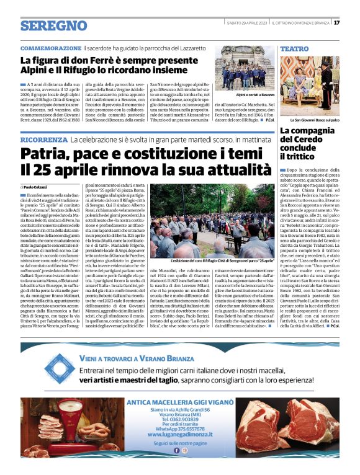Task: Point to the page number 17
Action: tap(336, 23)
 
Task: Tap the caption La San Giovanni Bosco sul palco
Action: tap(315, 120)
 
